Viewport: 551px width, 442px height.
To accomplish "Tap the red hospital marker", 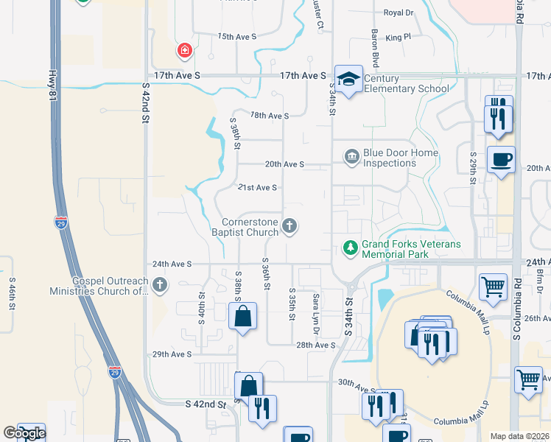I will click(183, 51).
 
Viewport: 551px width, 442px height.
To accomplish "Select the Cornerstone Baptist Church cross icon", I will click(290, 226).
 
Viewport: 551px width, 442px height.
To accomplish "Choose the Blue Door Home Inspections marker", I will click(351, 156).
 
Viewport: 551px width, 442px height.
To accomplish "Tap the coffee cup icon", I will click(501, 160).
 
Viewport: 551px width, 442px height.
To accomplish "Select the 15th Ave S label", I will click(236, 36).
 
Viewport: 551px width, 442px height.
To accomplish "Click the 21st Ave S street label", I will click(256, 188).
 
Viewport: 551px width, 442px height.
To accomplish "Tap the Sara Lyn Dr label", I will click(315, 310).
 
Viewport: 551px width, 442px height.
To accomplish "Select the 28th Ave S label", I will click(315, 345).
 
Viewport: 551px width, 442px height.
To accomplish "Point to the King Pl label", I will click(397, 36).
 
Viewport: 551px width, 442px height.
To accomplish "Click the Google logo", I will click(24, 433).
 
